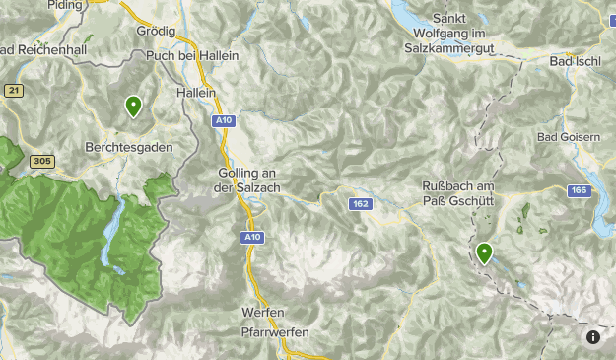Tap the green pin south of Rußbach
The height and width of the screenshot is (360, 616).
[x=484, y=253]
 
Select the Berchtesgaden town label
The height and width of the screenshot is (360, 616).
[x=129, y=147]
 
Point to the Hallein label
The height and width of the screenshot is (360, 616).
[x=195, y=91]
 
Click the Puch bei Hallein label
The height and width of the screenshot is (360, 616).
[x=192, y=56]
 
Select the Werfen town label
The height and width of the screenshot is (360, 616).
[x=261, y=313]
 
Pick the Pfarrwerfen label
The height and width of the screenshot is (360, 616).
[x=275, y=332]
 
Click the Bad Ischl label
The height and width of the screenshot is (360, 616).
[x=575, y=62]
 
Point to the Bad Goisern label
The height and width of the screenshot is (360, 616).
[x=568, y=137]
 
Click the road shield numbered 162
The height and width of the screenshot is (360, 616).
[x=359, y=203]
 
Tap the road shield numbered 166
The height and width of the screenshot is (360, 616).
[x=579, y=190]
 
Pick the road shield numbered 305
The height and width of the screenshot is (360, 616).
[x=41, y=161]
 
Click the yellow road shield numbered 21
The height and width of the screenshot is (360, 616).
[x=13, y=91]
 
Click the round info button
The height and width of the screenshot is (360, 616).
[x=592, y=337]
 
